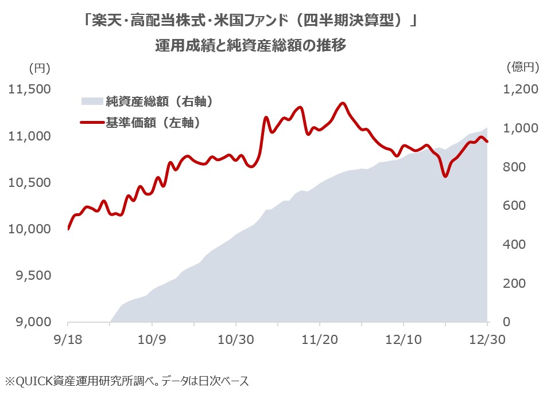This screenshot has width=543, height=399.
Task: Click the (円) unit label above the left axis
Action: [x=40, y=68]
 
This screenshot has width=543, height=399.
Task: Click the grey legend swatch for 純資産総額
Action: [x=91, y=101]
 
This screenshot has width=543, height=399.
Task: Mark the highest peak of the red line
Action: [x=343, y=103]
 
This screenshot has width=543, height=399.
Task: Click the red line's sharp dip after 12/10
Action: [x=445, y=176]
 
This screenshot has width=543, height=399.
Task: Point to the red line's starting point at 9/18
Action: [x=68, y=229]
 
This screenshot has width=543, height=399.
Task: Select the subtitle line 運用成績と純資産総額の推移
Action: [x=251, y=45]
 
